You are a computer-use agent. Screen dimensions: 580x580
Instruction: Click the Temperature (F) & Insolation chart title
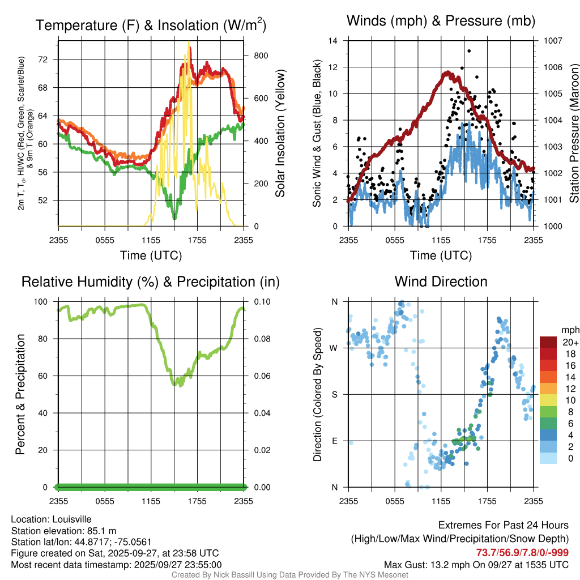(x=151, y=25)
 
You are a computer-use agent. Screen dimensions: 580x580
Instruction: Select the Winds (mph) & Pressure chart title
(x=441, y=21)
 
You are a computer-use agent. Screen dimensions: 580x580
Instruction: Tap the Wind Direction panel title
(x=441, y=282)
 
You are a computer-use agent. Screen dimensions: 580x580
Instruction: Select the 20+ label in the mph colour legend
(x=569, y=342)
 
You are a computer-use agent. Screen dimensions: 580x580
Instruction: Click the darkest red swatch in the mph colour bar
(x=549, y=342)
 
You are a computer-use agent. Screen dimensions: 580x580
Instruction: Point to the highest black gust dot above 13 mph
(x=469, y=51)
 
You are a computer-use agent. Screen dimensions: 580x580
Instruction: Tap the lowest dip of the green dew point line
(x=174, y=218)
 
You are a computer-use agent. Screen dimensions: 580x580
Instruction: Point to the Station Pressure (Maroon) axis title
(x=574, y=134)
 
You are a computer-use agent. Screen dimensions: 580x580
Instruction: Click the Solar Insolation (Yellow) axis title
(x=280, y=134)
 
